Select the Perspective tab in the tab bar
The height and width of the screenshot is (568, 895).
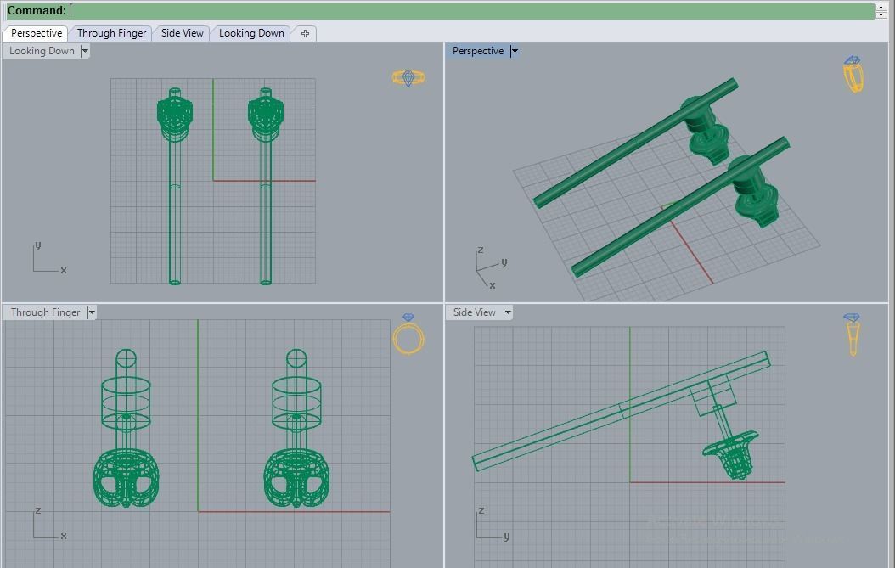tap(36, 33)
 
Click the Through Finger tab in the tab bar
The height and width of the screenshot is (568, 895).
tap(111, 33)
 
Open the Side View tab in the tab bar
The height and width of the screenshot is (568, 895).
tap(182, 33)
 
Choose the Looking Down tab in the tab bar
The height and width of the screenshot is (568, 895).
tap(251, 33)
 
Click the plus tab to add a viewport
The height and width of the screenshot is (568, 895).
tap(305, 33)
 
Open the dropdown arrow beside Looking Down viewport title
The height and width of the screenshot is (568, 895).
tap(85, 51)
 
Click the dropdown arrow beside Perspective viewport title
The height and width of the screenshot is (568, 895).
tap(515, 51)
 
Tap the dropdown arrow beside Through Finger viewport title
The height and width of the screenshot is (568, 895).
tap(92, 312)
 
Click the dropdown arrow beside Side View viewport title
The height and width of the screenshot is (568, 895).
tap(508, 312)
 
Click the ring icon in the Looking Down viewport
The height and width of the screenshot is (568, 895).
tap(408, 78)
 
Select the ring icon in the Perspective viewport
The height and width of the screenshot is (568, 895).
tap(853, 75)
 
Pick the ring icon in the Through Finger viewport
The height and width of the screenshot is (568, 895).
tap(408, 335)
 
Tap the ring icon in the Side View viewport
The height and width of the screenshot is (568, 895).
tap(852, 334)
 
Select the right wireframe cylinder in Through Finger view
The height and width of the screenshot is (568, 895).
tap(296, 400)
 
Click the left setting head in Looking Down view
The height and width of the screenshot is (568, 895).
tap(174, 115)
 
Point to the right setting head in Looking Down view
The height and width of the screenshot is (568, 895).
tap(265, 115)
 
